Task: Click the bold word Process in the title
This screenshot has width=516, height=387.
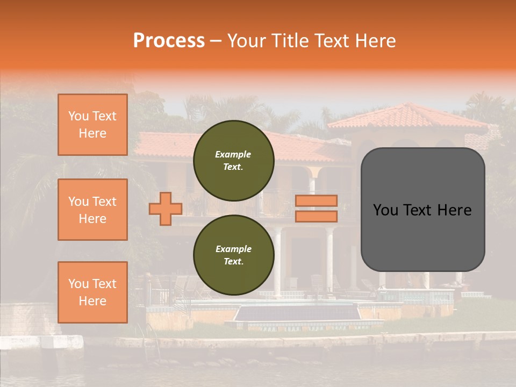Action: (x=169, y=41)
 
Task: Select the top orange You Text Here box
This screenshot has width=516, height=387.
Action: (x=92, y=125)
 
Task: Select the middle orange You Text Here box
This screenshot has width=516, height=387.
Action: (x=92, y=210)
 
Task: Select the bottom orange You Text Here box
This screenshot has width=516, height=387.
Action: (x=92, y=292)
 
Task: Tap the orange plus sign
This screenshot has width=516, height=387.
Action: (x=166, y=209)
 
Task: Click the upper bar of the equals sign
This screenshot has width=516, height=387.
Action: (x=317, y=201)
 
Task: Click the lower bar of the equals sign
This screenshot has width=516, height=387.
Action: (x=317, y=217)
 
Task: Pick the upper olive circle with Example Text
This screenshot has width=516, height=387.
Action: (x=234, y=161)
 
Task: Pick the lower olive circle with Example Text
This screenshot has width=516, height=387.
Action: (x=234, y=255)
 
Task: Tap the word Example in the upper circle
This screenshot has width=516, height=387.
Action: (x=233, y=154)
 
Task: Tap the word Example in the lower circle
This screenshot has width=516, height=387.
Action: (x=233, y=249)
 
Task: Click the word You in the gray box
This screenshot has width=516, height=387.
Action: (x=386, y=210)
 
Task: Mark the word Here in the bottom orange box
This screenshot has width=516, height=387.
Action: (x=92, y=301)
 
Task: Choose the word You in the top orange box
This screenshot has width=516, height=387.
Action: (x=78, y=116)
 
